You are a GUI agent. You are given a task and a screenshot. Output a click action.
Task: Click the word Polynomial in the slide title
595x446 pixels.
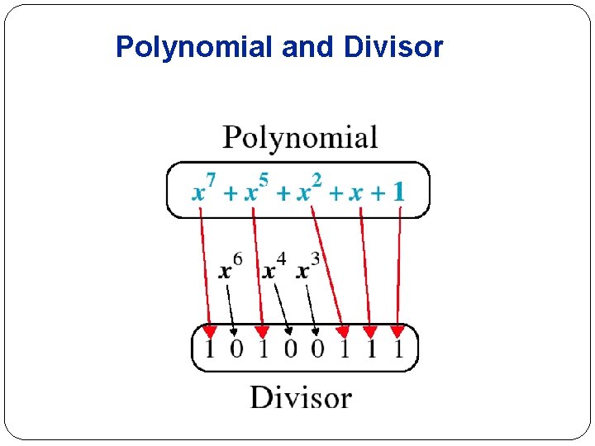click(x=194, y=47)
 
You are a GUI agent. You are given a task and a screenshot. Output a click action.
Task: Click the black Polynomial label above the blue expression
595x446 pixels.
click(x=300, y=138)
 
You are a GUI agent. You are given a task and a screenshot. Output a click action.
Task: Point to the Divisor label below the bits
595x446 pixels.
click(x=301, y=397)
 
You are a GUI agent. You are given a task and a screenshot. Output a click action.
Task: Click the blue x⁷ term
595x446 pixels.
click(x=203, y=190)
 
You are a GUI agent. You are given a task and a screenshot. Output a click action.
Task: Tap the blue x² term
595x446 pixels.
click(x=309, y=190)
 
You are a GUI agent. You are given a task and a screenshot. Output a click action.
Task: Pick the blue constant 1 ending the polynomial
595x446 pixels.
click(x=398, y=192)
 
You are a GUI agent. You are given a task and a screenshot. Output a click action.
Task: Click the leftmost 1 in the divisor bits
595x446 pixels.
click(x=209, y=349)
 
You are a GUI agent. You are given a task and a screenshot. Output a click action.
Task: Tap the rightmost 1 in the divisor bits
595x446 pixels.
click(x=398, y=349)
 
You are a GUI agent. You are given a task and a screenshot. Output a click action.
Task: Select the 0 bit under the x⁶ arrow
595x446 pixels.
click(x=236, y=349)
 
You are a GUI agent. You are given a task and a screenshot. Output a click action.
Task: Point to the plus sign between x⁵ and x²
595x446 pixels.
click(x=283, y=194)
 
